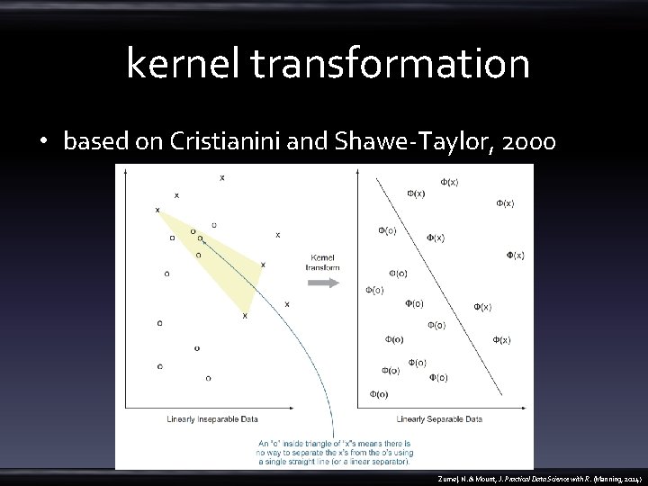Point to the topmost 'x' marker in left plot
point(222,178)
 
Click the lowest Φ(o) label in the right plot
point(379,394)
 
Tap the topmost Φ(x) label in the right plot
point(449,181)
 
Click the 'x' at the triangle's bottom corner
point(245,316)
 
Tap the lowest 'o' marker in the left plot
point(208,378)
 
